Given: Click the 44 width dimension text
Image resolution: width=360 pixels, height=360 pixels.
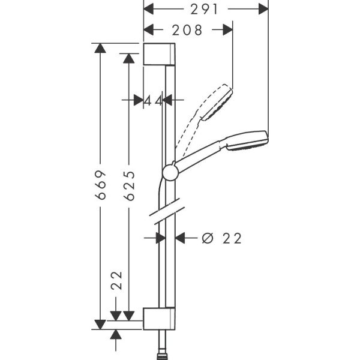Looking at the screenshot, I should (154, 100).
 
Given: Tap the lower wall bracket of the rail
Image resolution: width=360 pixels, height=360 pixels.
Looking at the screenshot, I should (160, 319).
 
